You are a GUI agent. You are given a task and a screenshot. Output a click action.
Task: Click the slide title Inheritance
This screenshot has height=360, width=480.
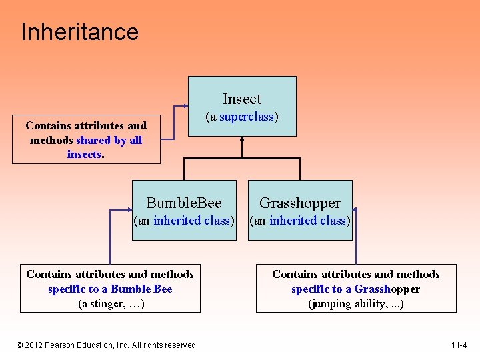79,32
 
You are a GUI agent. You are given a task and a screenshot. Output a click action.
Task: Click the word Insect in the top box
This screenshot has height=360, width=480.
242,99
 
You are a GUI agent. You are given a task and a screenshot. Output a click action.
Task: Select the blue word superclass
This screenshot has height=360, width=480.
247,117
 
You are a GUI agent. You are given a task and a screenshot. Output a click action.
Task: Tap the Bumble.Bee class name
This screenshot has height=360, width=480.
184,203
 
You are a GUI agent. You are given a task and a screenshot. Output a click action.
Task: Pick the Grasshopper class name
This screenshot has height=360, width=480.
300,203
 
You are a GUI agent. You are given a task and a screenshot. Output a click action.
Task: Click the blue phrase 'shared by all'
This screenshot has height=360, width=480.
109,140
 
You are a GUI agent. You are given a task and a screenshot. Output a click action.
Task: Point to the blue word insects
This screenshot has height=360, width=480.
84,155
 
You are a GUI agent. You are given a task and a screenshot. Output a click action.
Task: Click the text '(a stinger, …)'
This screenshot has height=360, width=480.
111,304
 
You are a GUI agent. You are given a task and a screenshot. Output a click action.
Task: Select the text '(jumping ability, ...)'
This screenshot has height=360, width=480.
355,304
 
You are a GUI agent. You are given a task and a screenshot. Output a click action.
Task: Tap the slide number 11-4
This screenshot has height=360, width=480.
459,345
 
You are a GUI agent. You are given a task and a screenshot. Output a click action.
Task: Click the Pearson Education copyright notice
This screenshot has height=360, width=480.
107,345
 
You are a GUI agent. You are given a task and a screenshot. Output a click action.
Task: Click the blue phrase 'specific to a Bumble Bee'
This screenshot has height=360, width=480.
110,289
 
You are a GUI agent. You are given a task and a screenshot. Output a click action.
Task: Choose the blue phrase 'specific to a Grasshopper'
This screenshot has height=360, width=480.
355,289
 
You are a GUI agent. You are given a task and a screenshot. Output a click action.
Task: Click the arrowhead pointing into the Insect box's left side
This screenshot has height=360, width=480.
186,107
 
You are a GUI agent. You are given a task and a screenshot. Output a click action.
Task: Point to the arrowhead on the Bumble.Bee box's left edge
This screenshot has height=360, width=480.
130,209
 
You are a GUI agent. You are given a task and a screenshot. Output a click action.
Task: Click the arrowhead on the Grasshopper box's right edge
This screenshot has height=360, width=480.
354,209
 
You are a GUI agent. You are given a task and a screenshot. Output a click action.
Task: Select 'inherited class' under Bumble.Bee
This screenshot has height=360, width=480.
192,221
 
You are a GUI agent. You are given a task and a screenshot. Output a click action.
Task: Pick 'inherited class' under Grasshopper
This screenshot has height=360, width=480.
308,221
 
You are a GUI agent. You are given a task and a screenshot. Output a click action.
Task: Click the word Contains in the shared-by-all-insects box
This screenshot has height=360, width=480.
48,125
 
